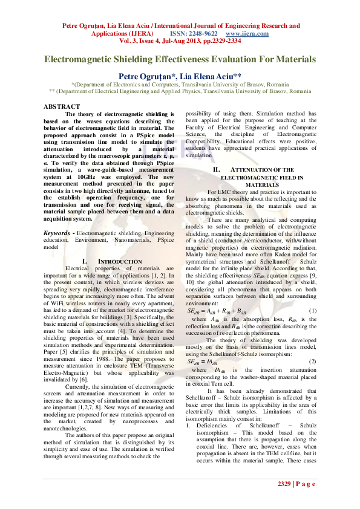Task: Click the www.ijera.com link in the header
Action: [x=247, y=34]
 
